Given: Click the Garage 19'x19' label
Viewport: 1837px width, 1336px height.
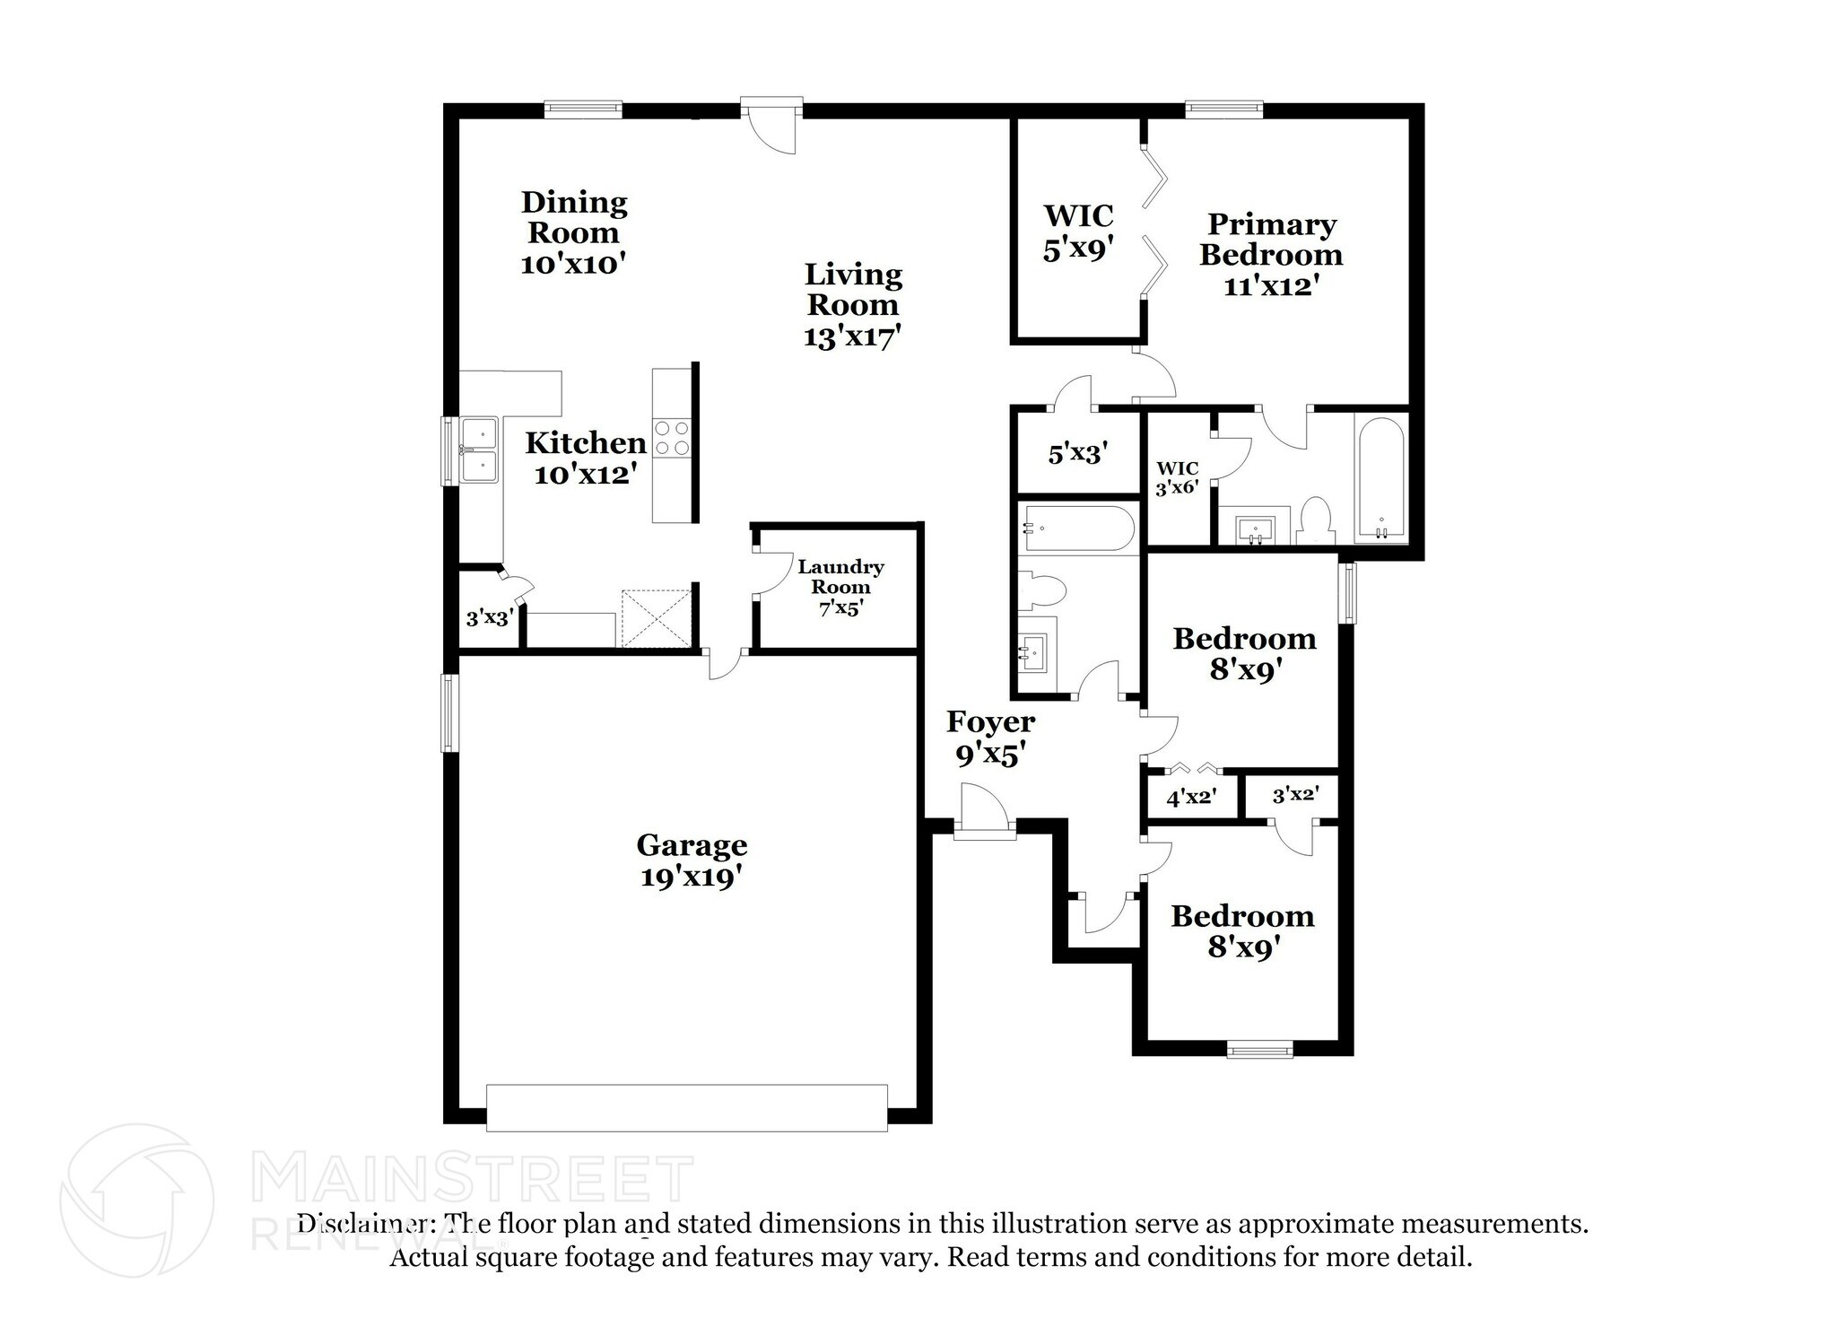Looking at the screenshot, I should (x=692, y=860).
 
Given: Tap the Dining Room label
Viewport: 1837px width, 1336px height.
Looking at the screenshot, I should (x=573, y=231).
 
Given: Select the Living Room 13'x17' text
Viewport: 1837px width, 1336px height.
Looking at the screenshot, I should (x=852, y=304).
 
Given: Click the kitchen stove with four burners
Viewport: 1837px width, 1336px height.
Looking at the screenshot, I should (x=672, y=438).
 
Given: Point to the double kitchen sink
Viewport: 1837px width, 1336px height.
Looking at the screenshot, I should (x=479, y=450).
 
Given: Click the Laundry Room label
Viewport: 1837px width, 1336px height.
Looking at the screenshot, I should (x=840, y=588).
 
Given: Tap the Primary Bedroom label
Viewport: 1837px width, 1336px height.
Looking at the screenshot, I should (x=1271, y=254).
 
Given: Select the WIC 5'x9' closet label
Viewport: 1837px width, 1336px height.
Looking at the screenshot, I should (x=1078, y=231).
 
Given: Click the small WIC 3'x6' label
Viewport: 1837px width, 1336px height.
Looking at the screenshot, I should (x=1177, y=478).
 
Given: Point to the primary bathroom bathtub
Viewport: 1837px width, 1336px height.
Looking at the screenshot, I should (x=1380, y=480).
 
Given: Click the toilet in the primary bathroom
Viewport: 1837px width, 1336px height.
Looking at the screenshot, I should (x=1314, y=520).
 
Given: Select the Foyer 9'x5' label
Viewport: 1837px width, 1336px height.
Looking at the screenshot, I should (x=990, y=738).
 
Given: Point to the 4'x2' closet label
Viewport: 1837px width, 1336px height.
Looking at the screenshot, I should (x=1190, y=796).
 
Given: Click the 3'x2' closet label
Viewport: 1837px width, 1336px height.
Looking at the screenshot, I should (x=1294, y=794).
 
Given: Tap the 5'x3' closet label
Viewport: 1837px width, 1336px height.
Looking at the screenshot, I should (x=1077, y=453).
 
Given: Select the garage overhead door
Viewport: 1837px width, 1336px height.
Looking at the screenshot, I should (x=686, y=1107).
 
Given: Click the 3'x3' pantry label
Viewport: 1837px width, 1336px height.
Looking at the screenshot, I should (x=489, y=617).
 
